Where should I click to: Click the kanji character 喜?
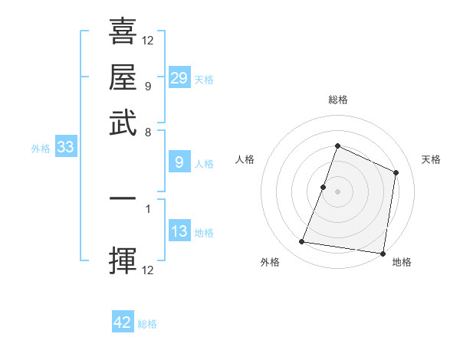pyautogui.click(x=123, y=32)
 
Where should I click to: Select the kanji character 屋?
pyautogui.click(x=123, y=77)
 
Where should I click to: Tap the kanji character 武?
pyautogui.click(x=123, y=123)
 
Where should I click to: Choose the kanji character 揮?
pyautogui.click(x=123, y=260)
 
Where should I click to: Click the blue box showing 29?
pyautogui.click(x=179, y=78)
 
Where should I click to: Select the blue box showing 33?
pyautogui.click(x=65, y=148)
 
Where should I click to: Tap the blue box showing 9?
pyautogui.click(x=179, y=162)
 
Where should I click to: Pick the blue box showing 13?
pyautogui.click(x=179, y=232)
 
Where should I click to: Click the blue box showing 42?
pyautogui.click(x=123, y=322)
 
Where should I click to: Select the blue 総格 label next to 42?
pyautogui.click(x=147, y=324)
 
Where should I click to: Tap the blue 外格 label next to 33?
pyautogui.click(x=41, y=149)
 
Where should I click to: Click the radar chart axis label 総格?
pyautogui.click(x=337, y=100)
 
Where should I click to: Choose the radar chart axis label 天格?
pyautogui.click(x=432, y=159)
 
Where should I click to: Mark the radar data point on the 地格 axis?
pyautogui.click(x=383, y=254)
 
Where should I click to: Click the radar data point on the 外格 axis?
pyautogui.click(x=302, y=242)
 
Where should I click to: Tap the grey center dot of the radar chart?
pyautogui.click(x=337, y=191)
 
